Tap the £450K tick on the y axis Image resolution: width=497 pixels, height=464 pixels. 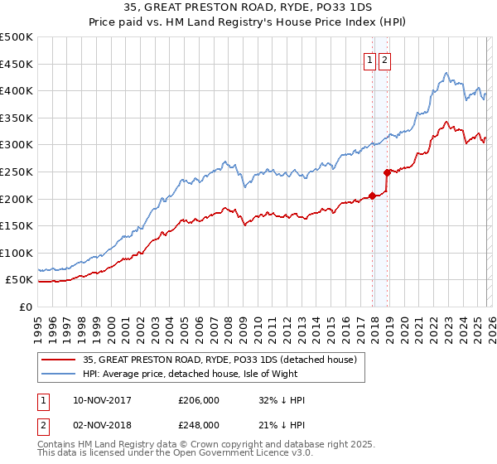[x=17, y=64]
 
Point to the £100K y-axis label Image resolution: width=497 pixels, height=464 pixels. [x=17, y=253]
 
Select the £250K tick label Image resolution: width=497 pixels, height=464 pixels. [x=17, y=172]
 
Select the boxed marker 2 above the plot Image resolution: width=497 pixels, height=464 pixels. [x=385, y=59]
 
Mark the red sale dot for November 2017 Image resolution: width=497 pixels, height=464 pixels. [x=372, y=196]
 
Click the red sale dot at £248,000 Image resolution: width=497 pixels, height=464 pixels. [x=387, y=172]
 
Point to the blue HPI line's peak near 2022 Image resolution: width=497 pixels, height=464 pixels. [x=446, y=73]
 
